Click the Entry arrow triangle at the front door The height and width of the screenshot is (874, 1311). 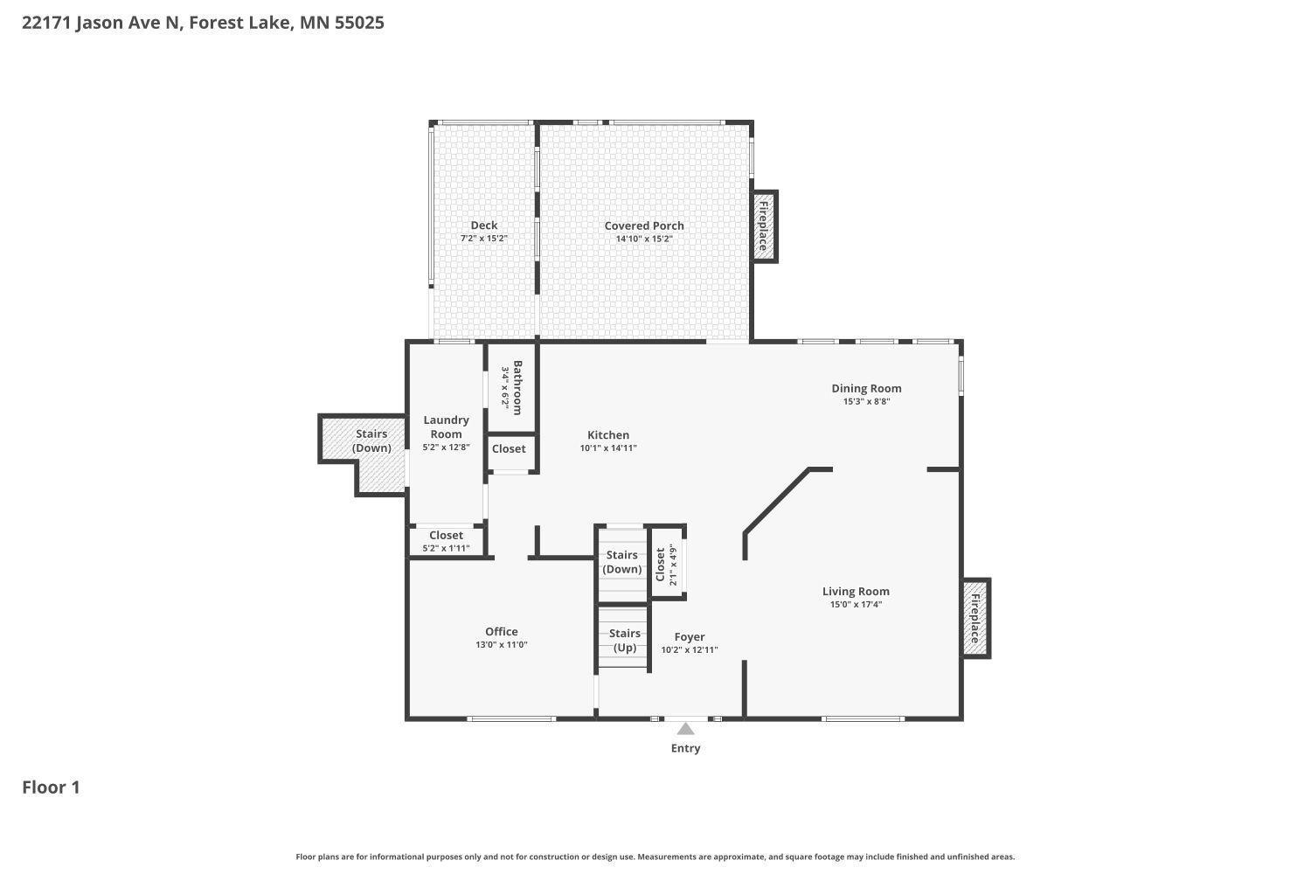(x=686, y=730)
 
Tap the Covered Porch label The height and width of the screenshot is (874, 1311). (x=644, y=225)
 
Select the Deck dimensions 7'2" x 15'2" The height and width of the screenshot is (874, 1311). (x=484, y=239)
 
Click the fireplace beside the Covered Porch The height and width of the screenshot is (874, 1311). (x=764, y=226)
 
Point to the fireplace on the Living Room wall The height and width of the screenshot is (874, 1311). (x=975, y=618)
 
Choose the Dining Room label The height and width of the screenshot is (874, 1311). (x=866, y=388)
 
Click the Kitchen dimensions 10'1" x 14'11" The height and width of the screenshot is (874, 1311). (x=608, y=448)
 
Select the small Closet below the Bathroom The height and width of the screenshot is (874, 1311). (x=509, y=448)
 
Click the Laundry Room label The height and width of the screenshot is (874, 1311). (x=446, y=427)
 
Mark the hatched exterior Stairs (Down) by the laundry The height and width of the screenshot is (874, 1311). (x=371, y=440)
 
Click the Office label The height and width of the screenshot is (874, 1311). (x=502, y=631)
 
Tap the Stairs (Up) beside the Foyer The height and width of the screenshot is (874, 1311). (x=624, y=640)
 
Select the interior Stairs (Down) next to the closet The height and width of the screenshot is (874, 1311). (x=622, y=562)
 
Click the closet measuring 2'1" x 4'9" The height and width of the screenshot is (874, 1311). (x=667, y=565)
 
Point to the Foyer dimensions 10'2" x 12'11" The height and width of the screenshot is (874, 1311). (x=690, y=650)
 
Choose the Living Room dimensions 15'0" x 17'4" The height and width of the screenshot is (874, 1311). (x=856, y=604)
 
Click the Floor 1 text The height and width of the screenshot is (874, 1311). (x=51, y=787)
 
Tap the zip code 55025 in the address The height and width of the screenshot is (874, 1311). (x=359, y=23)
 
